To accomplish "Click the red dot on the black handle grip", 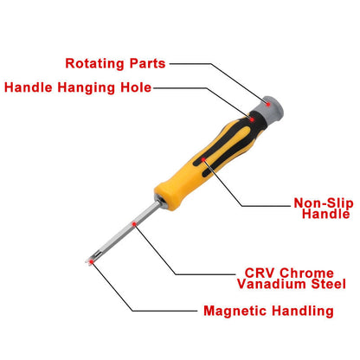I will pyautogui.click(x=202, y=159).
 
